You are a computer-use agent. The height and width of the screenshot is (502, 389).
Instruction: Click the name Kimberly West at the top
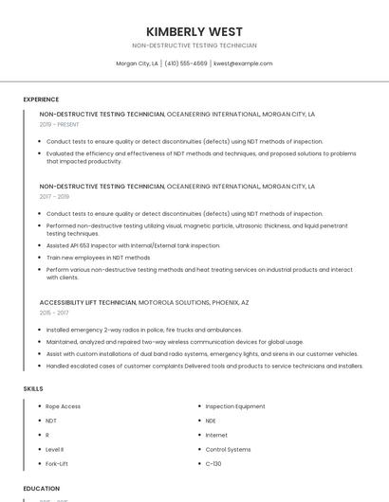[x=194, y=31]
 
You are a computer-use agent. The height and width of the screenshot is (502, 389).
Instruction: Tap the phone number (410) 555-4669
[x=185, y=63]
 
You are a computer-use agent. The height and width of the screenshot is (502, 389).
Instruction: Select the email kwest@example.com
[x=243, y=63]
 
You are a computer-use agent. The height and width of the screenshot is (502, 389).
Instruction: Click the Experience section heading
[x=41, y=99]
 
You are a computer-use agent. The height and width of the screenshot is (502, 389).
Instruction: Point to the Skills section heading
[x=33, y=388]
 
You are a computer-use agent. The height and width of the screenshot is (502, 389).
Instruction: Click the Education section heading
[x=42, y=489]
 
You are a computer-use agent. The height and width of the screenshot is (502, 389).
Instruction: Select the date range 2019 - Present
[x=60, y=124]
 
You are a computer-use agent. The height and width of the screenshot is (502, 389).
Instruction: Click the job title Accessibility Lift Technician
[x=88, y=302]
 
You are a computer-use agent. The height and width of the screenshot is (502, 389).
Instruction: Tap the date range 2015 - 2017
[x=54, y=313]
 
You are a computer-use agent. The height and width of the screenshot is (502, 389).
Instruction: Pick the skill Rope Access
[x=64, y=406]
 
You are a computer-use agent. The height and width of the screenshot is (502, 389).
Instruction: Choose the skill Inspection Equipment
[x=235, y=406]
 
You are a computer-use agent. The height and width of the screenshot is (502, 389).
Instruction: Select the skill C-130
[x=213, y=463]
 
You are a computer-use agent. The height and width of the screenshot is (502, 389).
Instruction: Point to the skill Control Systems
[x=228, y=449]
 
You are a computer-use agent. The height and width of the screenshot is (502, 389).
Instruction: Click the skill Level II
[x=55, y=449]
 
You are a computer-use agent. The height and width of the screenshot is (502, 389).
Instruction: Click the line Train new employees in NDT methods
[x=98, y=258]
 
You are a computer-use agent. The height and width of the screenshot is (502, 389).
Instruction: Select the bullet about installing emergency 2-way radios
[x=144, y=330]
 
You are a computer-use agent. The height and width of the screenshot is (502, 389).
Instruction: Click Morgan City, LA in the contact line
[x=137, y=63]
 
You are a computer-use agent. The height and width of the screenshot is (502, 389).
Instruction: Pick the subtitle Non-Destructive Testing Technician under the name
[x=194, y=45]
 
